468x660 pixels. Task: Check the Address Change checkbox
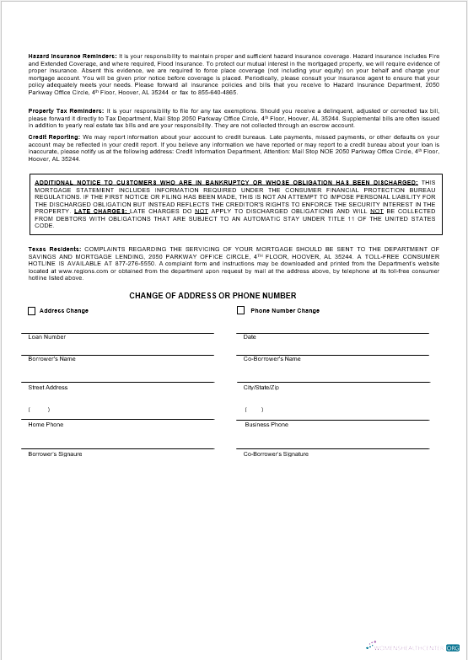tap(32, 311)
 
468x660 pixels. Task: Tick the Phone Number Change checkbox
tap(241, 311)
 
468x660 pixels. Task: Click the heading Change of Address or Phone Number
tap(212, 296)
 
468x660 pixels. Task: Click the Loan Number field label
tap(47, 337)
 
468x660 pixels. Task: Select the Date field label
tap(250, 337)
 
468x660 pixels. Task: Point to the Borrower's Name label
tap(51, 359)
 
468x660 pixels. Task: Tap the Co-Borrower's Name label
tap(272, 359)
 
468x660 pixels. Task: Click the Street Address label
tap(48, 388)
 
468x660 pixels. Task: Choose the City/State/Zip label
tap(261, 388)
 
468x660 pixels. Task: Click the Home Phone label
tap(46, 425)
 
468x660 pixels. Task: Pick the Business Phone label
tap(266, 425)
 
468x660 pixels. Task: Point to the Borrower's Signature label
tap(55, 454)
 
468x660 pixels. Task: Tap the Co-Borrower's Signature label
tap(276, 454)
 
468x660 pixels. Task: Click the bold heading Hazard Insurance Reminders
tap(73, 55)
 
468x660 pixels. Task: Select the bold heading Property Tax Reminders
tap(67, 111)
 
